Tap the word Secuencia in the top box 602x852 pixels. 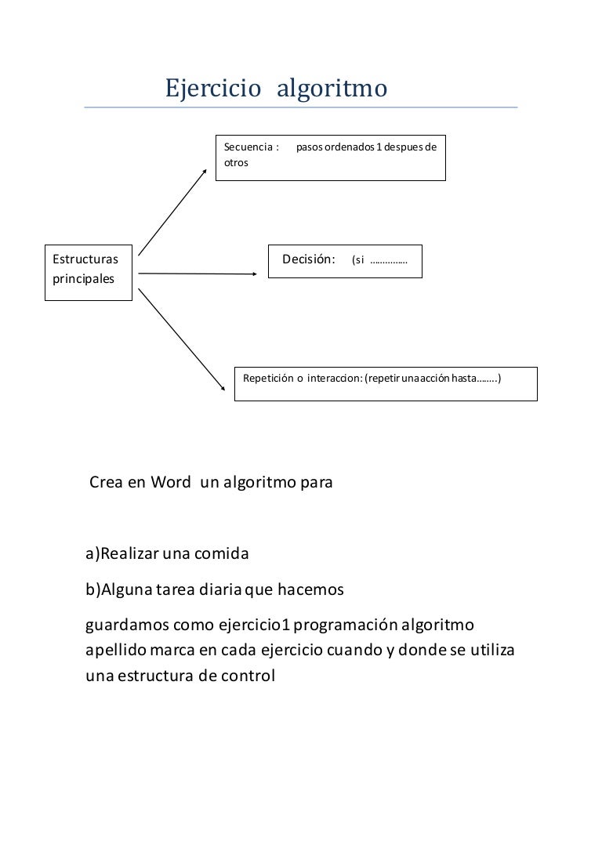tap(248, 147)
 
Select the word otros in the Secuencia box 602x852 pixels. tap(236, 163)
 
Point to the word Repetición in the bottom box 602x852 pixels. tap(268, 378)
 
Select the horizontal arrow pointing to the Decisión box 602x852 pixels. tap(196, 274)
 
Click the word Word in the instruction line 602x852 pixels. tap(171, 482)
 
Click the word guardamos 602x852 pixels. tap(129, 625)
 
